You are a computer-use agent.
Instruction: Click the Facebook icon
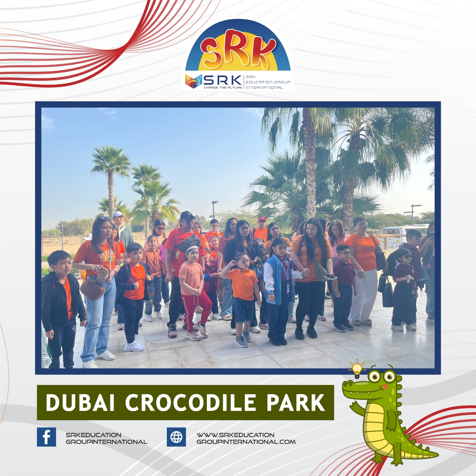[x=46, y=437]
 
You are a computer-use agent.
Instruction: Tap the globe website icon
[x=176, y=437]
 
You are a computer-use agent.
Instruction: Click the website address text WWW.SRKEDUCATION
[x=235, y=435]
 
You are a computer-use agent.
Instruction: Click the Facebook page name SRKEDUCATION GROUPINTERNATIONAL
[x=106, y=438]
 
